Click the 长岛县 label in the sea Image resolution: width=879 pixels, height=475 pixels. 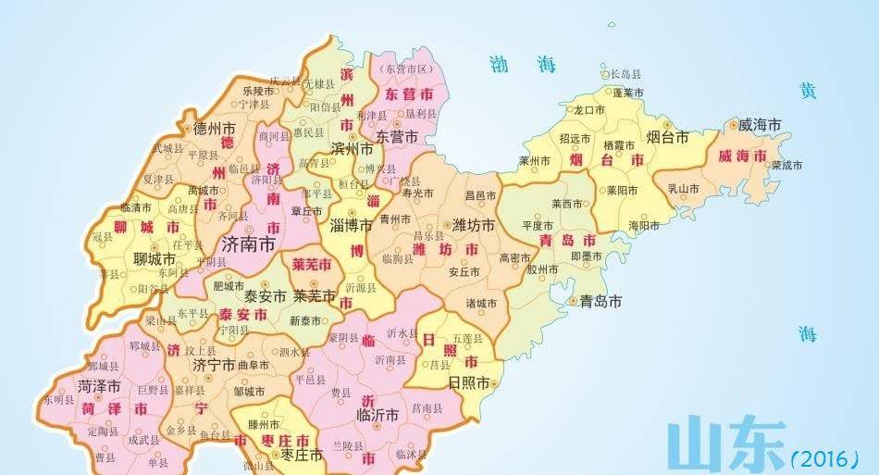pos(625,74)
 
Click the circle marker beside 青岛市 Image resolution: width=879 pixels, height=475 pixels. pos(574,301)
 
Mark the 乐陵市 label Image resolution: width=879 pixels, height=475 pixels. pos(258,92)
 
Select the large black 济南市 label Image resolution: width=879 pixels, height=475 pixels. pos(249,244)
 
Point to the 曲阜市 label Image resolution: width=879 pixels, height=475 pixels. pos(254,365)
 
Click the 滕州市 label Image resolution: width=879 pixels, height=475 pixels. pos(265,424)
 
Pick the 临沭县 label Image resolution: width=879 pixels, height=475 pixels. pos(412,455)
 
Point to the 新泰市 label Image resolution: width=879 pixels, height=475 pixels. pos(304,321)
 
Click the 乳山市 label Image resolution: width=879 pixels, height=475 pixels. pos(683,189)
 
